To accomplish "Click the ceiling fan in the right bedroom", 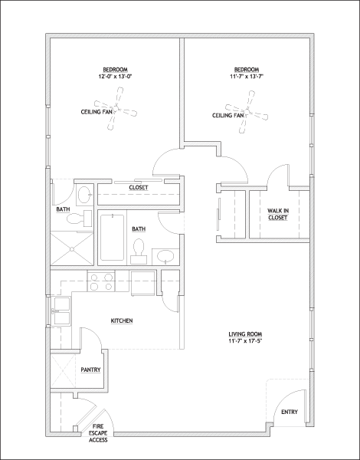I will (x=250, y=108).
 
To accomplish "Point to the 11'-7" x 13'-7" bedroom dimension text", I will (x=247, y=76).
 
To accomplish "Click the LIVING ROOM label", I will (x=246, y=338).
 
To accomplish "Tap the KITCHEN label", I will (x=123, y=320).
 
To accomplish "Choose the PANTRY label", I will (x=91, y=370).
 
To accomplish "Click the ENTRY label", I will (x=290, y=412).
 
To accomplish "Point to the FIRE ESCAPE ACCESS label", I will (x=98, y=432).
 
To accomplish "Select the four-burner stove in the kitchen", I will (x=103, y=282).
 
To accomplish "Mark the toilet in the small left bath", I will (x=74, y=219).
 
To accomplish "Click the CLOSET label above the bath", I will (x=139, y=188).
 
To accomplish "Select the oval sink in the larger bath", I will (x=165, y=256).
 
